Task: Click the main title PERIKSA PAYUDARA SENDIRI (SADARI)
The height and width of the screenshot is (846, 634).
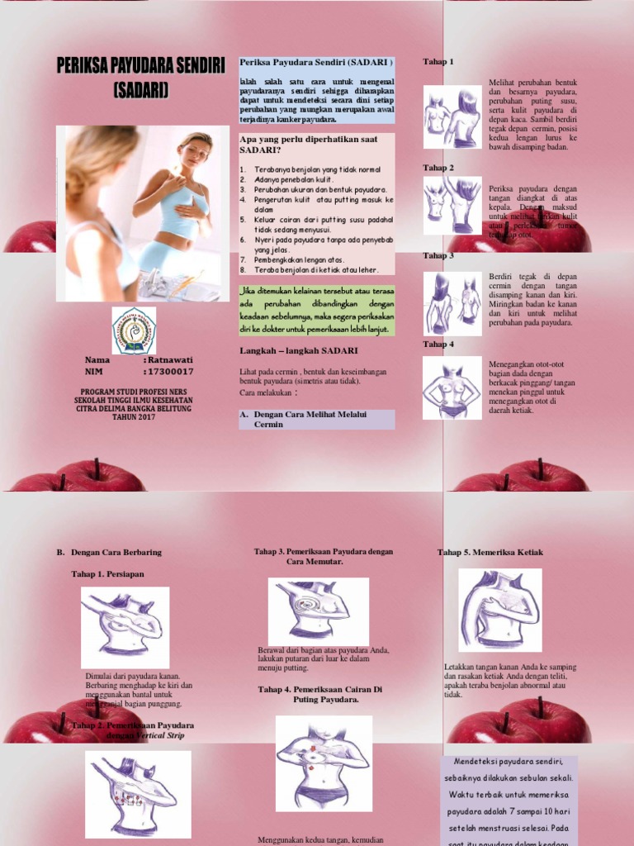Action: point(140,78)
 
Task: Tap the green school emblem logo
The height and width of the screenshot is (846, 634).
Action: point(140,330)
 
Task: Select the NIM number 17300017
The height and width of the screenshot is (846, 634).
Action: point(171,373)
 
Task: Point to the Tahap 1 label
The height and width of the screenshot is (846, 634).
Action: point(438,62)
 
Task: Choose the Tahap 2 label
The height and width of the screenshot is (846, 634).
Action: point(438,168)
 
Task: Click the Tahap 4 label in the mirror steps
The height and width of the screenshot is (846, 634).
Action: point(438,344)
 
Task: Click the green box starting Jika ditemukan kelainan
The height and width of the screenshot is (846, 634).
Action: point(317,310)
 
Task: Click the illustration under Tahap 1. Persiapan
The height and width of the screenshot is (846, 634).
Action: point(125,628)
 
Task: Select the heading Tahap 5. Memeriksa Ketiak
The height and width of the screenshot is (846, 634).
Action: point(490,552)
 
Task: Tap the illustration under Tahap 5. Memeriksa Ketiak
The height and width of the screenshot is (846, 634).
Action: point(500,610)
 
